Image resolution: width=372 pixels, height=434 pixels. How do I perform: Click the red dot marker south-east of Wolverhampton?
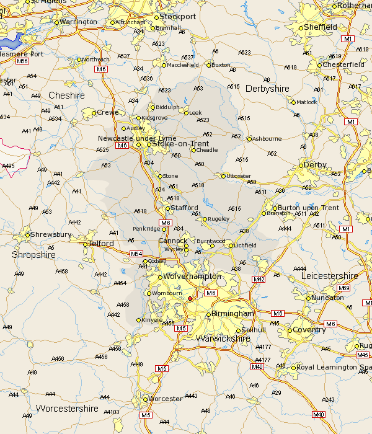coord(190,298)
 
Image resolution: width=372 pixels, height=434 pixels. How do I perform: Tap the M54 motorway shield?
coord(136,254)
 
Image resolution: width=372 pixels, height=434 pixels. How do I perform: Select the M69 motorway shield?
coord(343,288)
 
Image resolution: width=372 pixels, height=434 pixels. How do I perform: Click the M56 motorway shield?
coord(22,61)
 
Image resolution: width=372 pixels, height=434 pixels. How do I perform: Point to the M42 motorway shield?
coord(259,280)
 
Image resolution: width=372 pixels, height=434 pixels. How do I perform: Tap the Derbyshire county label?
coord(267,89)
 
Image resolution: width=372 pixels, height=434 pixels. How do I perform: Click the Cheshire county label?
coord(66,95)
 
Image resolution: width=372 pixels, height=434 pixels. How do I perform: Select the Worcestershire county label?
coord(67,409)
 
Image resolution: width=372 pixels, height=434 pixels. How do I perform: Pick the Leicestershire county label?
coord(330,275)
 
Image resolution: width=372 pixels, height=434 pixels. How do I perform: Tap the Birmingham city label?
coord(233,314)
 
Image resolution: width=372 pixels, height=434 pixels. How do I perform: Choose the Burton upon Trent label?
coord(308,208)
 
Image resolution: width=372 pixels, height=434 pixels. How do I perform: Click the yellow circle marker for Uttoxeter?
coord(223,176)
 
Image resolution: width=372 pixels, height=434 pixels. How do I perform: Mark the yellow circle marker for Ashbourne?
coord(249,139)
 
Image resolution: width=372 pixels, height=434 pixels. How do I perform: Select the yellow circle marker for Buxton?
coord(209,64)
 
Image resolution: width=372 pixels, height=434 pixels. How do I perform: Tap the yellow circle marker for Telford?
coord(86,244)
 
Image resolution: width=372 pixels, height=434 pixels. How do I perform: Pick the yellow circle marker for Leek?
coord(186,112)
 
